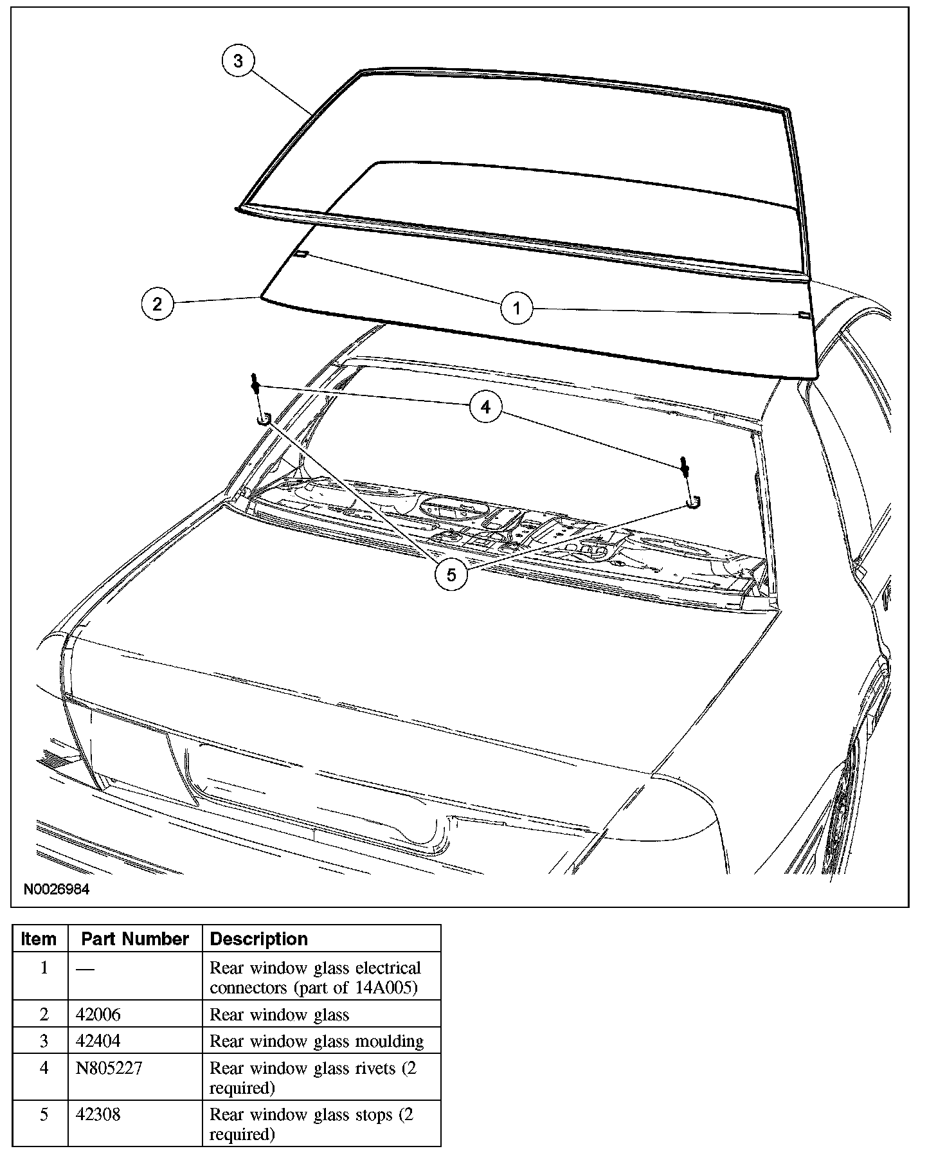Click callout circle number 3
[x=238, y=61]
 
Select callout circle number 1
[x=517, y=309]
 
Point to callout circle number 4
[x=485, y=407]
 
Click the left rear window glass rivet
[x=256, y=385]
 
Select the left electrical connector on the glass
[x=301, y=253]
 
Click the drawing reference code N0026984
[x=57, y=890]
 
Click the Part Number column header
[x=135, y=939]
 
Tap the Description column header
[x=259, y=939]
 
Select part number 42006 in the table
[x=98, y=1015]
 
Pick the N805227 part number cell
[x=109, y=1068]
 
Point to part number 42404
[x=98, y=1041]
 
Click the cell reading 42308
[x=98, y=1114]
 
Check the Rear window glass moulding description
[x=316, y=1041]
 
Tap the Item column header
[x=39, y=939]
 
